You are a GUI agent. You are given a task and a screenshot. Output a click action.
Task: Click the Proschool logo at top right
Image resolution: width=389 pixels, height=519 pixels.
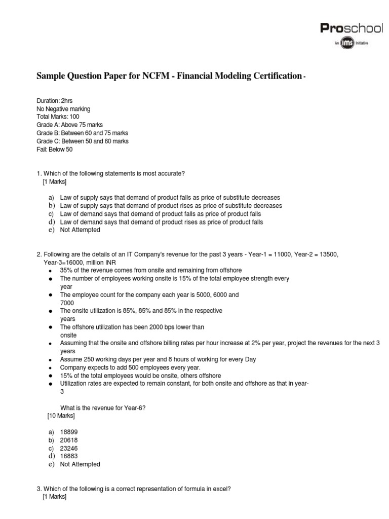[x=351, y=29]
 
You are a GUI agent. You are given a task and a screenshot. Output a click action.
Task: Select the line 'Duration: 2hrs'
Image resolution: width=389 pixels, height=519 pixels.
[x=54, y=101]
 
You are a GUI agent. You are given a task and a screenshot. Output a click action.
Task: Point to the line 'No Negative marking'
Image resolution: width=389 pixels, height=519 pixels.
[x=64, y=109]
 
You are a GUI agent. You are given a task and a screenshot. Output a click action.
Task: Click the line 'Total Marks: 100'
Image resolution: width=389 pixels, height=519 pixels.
[x=58, y=117]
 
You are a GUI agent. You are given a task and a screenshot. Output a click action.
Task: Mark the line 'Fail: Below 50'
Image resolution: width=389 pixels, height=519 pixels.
[x=55, y=150]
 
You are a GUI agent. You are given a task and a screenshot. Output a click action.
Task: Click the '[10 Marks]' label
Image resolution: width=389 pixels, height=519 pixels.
[x=60, y=416]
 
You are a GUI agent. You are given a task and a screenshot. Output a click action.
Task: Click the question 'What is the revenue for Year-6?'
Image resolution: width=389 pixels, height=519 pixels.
[x=104, y=407]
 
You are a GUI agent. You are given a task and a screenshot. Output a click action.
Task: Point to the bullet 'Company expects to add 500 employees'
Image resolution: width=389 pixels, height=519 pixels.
[x=130, y=367]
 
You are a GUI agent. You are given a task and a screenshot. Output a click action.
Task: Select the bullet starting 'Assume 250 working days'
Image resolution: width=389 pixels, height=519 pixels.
[x=158, y=359]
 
